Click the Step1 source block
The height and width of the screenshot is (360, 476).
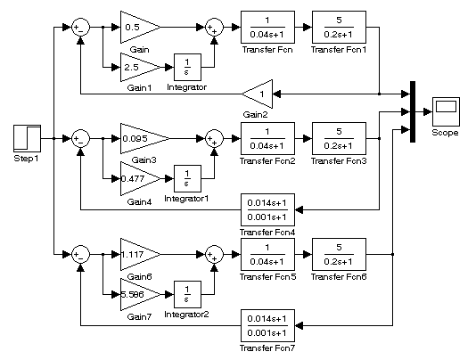coord(27,138)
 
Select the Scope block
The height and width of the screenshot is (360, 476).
coord(446,111)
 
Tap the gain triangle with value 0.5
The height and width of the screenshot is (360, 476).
coord(140,28)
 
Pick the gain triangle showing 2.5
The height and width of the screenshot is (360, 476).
coord(140,68)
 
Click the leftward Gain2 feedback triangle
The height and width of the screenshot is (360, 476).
coord(258,94)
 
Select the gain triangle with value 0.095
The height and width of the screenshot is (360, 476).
coord(145,138)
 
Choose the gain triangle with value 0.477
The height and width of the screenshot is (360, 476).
coord(140,179)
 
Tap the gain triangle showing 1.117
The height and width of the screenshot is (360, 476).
coord(140,254)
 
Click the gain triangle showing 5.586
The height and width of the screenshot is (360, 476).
coord(140,294)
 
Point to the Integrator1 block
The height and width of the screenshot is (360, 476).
coord(187,178)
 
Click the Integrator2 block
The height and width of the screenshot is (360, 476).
coord(187,294)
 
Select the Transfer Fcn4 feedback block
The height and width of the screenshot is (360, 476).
coord(267,209)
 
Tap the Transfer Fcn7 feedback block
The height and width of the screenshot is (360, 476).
coord(267,326)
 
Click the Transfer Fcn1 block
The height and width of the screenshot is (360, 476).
coord(339,28)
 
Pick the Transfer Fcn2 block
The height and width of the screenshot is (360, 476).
coord(267,138)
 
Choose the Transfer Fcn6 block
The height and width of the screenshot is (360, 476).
coord(339,254)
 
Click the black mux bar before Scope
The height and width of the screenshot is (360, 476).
coord(413,111)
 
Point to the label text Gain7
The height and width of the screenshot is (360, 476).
coord(139,317)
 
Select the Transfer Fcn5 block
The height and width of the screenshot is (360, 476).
coord(267,254)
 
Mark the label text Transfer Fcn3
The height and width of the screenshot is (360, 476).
coord(339,161)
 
